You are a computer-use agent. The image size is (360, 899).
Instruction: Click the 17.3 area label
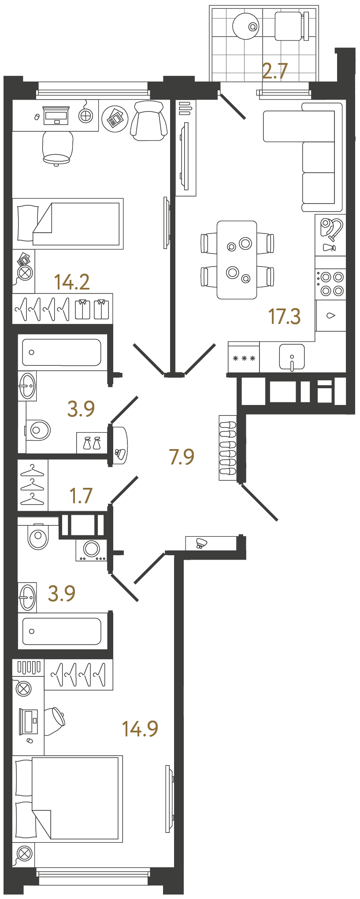284,316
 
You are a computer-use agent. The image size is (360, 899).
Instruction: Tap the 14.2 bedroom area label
72,282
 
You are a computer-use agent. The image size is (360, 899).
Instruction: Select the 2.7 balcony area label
275,71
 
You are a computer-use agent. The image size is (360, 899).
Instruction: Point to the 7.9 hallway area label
182,457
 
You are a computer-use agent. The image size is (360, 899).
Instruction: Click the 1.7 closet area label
81,496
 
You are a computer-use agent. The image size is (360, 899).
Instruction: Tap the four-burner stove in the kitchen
330,284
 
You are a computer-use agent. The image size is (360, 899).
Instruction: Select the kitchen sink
292,357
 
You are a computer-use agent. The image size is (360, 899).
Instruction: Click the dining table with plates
237,260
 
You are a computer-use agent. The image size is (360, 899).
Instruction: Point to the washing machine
91,550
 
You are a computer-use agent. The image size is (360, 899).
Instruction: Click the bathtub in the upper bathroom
62,352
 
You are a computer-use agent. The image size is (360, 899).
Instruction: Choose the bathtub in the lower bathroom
62,631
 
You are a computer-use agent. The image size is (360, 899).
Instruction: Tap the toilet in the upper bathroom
38,430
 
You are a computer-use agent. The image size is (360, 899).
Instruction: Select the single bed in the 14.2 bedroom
68,224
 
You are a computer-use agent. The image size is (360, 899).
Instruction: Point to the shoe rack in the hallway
228,447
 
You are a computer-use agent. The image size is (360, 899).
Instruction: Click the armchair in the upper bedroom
149,120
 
